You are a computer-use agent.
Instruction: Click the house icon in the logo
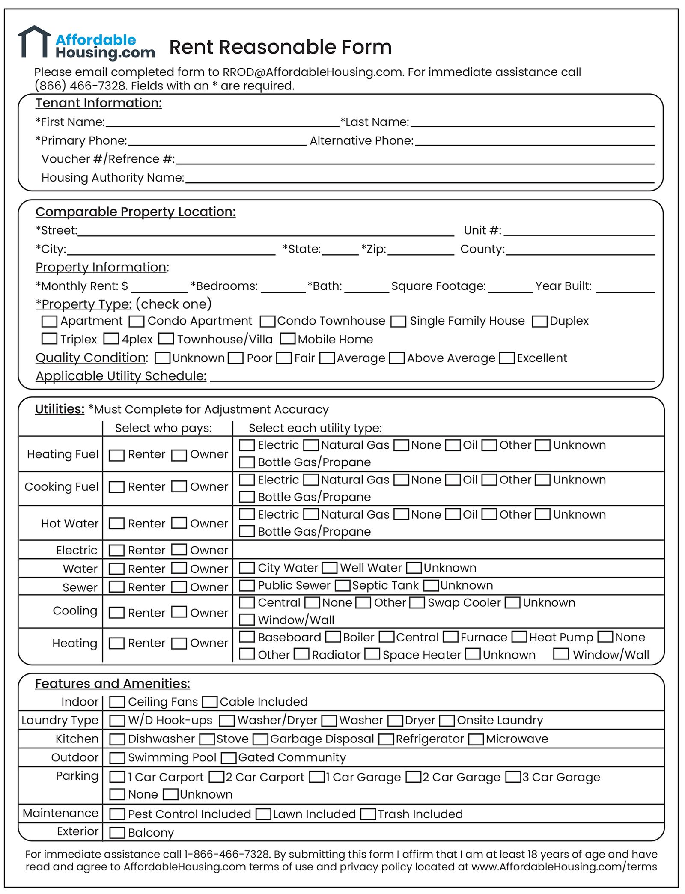click(34, 42)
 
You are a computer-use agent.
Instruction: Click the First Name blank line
click(223, 123)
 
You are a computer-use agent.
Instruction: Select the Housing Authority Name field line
click(420, 179)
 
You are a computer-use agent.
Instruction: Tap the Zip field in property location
click(421, 251)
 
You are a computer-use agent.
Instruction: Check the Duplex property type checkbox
click(539, 322)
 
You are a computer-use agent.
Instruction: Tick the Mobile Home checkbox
click(288, 339)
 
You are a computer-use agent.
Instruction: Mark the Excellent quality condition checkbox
click(507, 358)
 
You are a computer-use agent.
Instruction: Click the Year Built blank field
click(625, 288)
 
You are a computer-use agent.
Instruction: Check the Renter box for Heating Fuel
click(116, 455)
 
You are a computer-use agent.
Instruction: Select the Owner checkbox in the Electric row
click(179, 550)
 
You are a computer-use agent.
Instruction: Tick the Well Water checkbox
click(330, 568)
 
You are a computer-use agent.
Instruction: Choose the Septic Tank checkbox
click(342, 585)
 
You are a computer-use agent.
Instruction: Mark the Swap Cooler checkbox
click(417, 603)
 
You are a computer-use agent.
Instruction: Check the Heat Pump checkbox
click(520, 637)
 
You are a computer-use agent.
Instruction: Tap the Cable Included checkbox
click(210, 702)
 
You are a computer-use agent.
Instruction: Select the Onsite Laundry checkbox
click(447, 721)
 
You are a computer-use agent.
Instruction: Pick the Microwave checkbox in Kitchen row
click(476, 739)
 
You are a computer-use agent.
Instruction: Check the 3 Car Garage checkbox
click(513, 777)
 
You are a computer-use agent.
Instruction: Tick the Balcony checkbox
click(117, 833)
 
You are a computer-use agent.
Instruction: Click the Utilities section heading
click(60, 409)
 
